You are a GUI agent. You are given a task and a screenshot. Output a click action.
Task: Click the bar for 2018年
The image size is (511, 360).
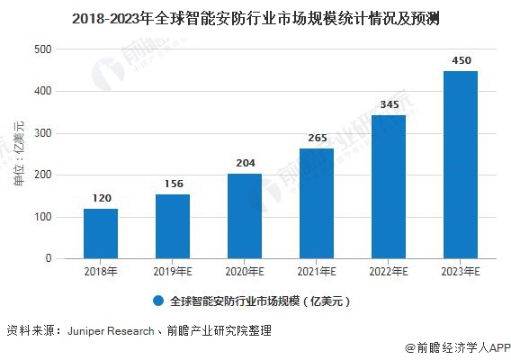tap(101, 233)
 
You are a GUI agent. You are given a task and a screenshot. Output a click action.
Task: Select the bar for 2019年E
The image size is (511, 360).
tap(173, 226)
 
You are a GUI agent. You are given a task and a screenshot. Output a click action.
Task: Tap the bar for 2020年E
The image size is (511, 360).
tap(245, 216)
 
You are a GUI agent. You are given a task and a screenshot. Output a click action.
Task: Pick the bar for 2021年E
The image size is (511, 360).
tap(317, 203)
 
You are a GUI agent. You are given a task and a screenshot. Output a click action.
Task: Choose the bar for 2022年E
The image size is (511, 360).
tap(389, 186)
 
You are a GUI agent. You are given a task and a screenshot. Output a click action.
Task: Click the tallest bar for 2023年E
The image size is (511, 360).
tap(461, 165)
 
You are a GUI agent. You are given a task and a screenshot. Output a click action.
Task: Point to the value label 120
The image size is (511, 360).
tap(101, 197)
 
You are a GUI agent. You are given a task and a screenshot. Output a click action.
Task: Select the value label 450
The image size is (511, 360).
tap(461, 59)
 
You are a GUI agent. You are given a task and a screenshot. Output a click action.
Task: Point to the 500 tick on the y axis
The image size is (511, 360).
tap(42, 49)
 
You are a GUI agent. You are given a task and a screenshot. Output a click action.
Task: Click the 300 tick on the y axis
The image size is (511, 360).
tap(42, 133)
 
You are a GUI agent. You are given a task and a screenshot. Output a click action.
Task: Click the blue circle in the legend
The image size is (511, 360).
tap(158, 301)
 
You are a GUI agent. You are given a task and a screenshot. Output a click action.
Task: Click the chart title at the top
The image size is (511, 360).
tap(255, 17)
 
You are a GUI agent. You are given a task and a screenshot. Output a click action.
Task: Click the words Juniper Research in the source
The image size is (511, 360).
tap(109, 331)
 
